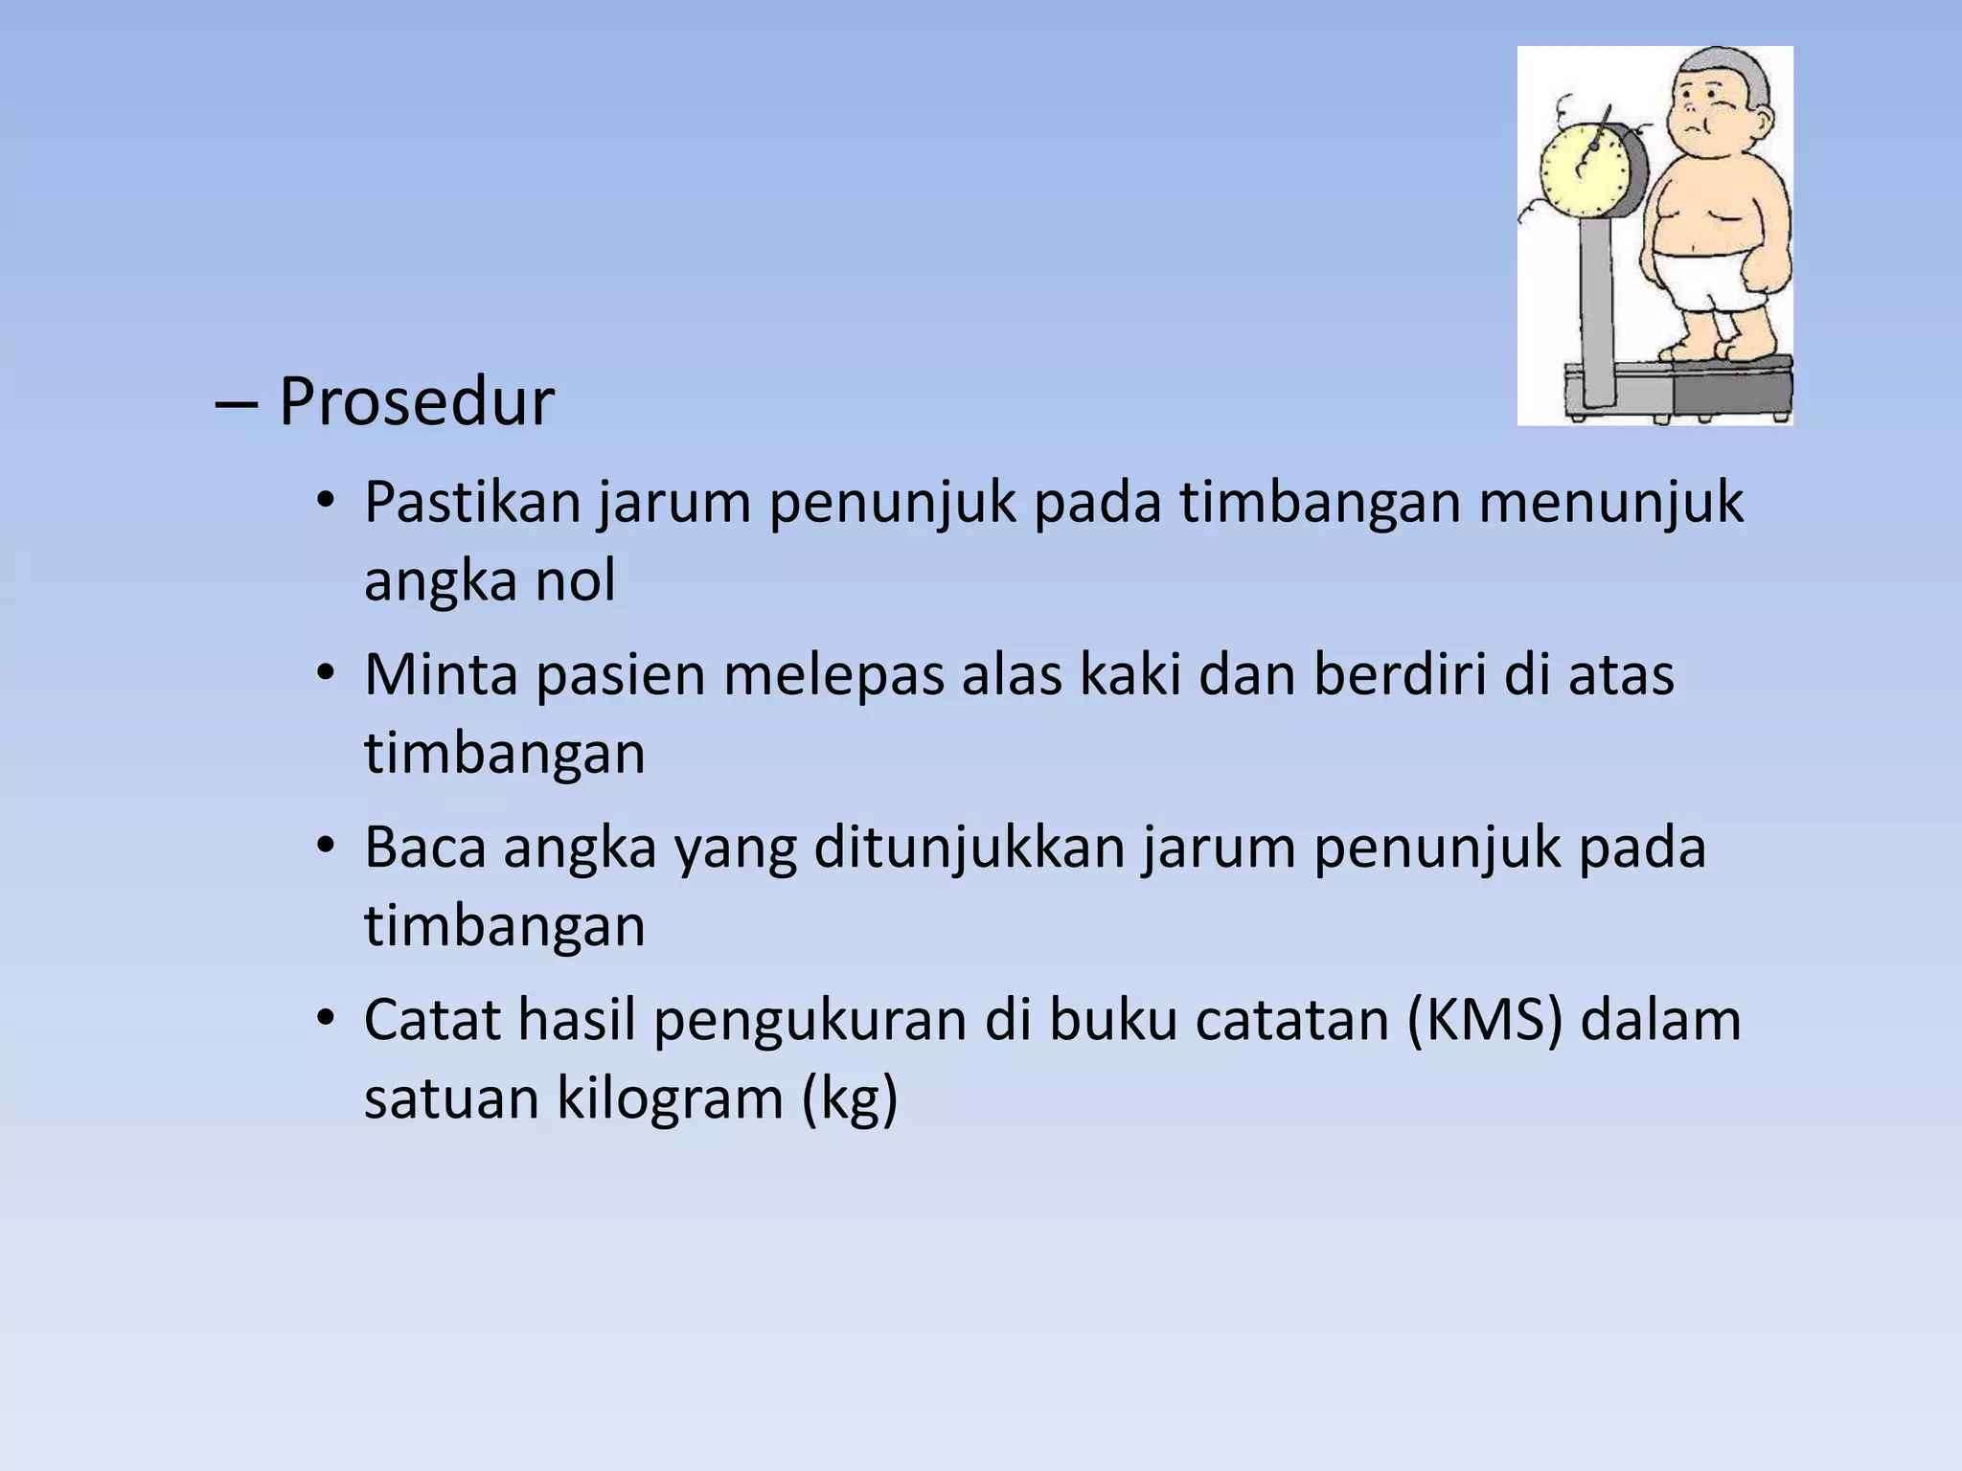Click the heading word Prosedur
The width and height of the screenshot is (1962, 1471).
tap(416, 402)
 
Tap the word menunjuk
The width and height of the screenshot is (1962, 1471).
tap(1610, 502)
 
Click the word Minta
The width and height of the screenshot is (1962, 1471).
tap(441, 674)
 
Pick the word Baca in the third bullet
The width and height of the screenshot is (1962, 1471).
tap(425, 849)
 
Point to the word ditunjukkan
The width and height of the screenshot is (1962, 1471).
tap(969, 849)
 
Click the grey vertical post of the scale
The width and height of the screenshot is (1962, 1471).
tap(1596, 306)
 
